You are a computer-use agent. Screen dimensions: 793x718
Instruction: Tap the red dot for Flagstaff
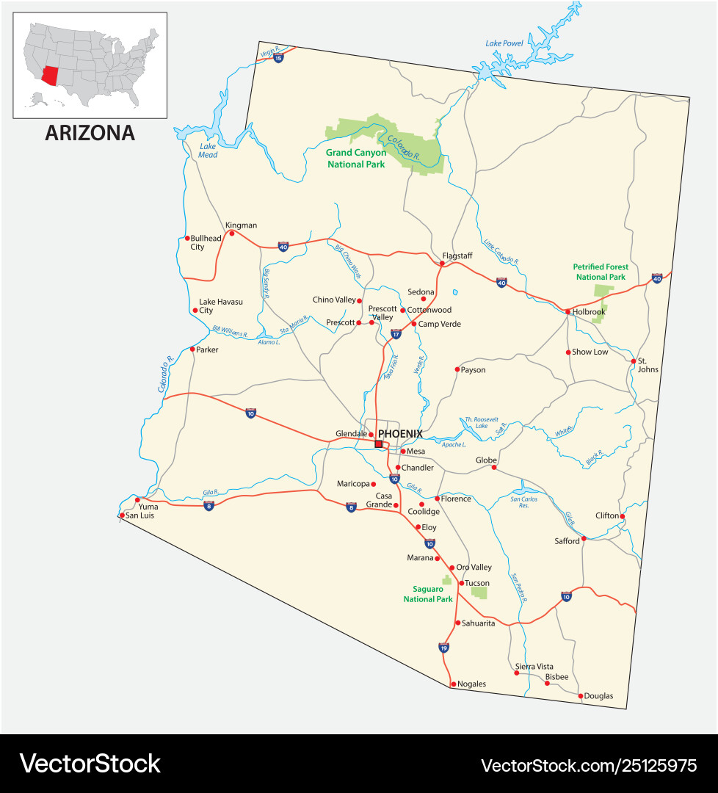(x=442, y=263)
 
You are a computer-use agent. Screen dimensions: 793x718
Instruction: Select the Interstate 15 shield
(x=278, y=57)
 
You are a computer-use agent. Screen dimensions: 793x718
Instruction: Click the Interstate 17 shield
(x=396, y=333)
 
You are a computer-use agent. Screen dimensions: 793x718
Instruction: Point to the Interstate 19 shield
(x=443, y=648)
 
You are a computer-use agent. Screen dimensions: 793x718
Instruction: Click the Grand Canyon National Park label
(x=356, y=159)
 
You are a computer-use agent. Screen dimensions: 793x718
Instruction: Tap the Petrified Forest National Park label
(x=601, y=272)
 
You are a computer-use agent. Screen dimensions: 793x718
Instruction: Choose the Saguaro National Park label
(x=428, y=594)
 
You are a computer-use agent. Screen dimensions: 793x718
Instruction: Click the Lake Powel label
(x=504, y=43)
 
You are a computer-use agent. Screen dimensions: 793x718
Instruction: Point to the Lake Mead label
(x=208, y=150)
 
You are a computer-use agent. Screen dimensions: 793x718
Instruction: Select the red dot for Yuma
(x=137, y=499)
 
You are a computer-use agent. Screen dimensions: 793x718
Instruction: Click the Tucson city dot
(x=461, y=584)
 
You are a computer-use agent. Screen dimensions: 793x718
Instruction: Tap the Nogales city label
(x=471, y=684)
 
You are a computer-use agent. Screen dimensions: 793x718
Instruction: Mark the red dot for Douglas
(x=581, y=695)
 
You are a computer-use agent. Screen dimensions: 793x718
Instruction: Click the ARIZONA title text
(x=90, y=133)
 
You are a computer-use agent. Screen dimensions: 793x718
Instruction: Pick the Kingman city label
(x=241, y=225)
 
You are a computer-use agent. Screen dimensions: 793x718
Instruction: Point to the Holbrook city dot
(x=567, y=312)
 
